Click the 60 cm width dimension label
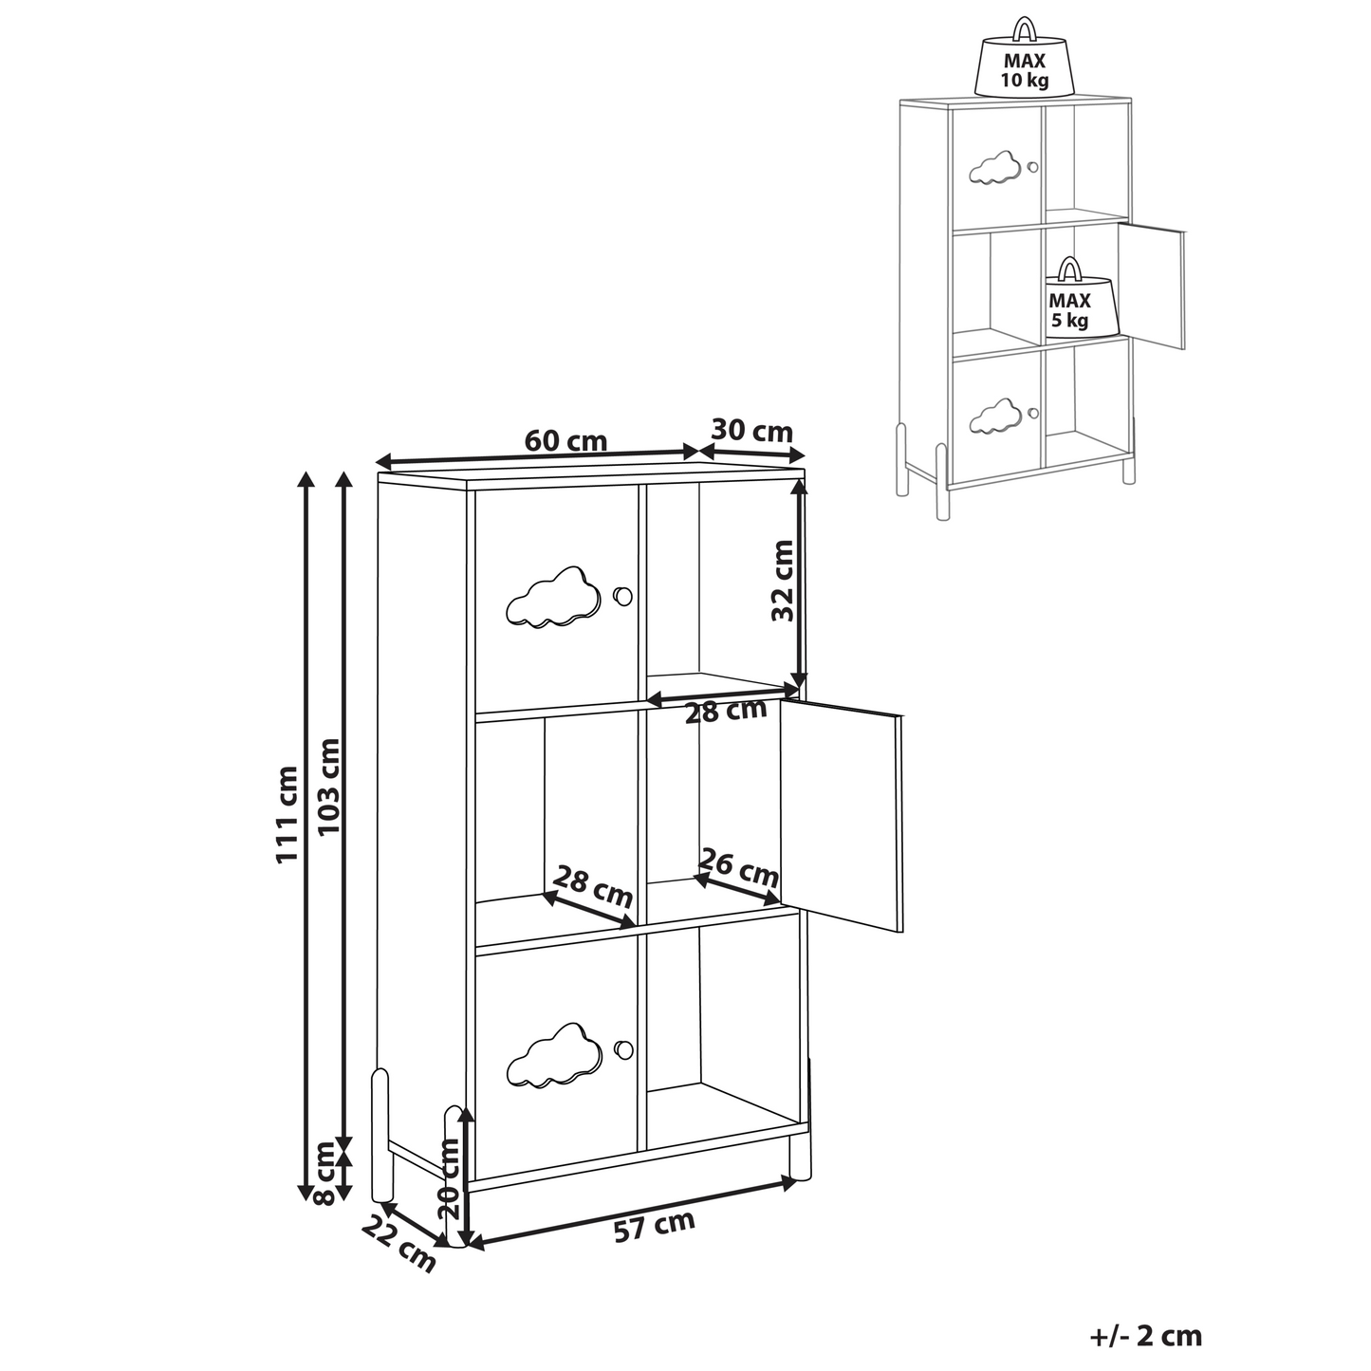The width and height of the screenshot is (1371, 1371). click(565, 441)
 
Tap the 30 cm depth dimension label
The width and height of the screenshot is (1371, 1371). click(752, 431)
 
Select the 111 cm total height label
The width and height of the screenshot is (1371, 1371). click(286, 815)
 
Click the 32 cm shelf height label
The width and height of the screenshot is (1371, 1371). click(783, 581)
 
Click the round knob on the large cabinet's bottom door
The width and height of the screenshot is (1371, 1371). click(622, 1049)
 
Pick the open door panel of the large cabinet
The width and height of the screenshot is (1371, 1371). click(841, 815)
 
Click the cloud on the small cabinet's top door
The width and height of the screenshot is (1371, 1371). click(994, 169)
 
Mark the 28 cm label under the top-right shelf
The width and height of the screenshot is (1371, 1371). click(726, 710)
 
